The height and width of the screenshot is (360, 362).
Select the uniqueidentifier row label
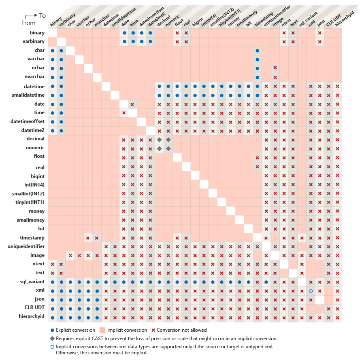26,246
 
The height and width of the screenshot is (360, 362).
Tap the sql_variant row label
32,282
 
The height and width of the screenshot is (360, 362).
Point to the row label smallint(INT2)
28,194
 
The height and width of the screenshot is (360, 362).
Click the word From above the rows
28,23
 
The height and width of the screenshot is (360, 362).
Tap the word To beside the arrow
43,15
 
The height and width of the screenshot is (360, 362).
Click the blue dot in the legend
52,330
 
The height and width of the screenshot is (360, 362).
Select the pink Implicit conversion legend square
102,330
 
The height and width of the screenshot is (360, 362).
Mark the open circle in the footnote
52,347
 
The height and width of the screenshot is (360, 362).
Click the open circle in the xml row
311,291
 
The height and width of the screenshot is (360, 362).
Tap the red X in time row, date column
124,113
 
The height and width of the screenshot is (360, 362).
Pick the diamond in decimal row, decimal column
160,139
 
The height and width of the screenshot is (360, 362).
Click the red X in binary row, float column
177,33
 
